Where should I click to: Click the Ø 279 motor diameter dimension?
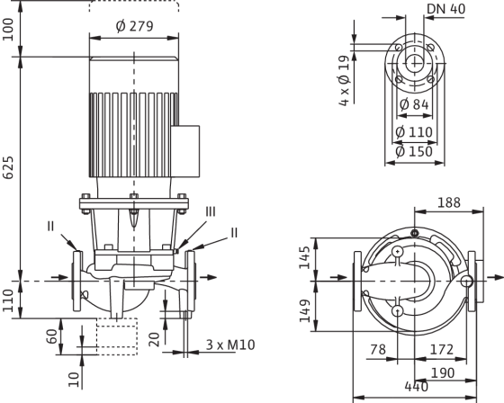point(134,26)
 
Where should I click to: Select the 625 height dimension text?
point(8,167)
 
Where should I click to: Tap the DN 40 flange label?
point(445,9)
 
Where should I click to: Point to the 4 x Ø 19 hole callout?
point(344,81)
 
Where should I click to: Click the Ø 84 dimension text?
point(414,104)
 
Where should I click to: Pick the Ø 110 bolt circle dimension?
point(414,131)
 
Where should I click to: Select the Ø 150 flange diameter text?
point(414,151)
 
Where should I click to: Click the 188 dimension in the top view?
point(449,202)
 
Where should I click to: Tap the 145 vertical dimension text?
point(304,257)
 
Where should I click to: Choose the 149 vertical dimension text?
point(304,310)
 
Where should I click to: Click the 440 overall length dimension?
point(416,386)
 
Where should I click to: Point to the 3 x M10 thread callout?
point(230,345)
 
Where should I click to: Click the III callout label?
point(211,211)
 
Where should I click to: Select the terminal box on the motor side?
point(185,151)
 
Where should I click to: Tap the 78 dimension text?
point(378,349)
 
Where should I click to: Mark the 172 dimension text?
point(442,349)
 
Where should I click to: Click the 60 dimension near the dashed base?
point(52,336)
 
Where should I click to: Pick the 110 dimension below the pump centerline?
point(8,300)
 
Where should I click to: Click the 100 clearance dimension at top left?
point(8,30)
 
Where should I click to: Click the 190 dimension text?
point(443,372)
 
